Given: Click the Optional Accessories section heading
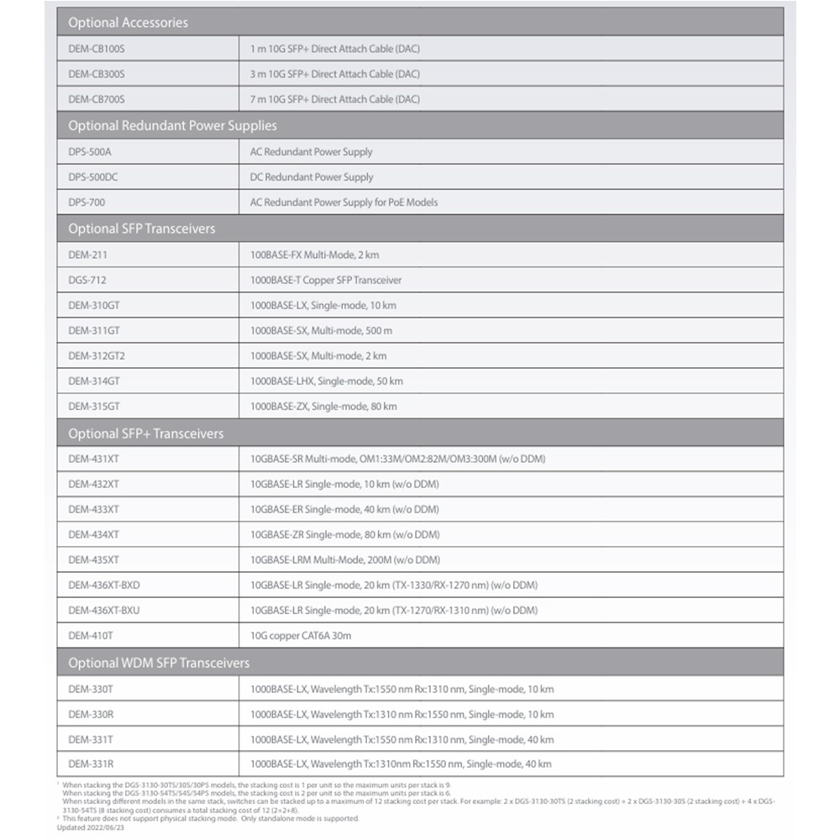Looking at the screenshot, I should (x=128, y=23).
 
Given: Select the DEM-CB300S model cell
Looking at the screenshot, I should (x=97, y=74).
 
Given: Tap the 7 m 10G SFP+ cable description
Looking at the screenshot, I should (x=334, y=99).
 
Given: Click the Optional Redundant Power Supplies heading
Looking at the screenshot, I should (x=172, y=126).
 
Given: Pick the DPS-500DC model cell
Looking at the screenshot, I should (x=92, y=177).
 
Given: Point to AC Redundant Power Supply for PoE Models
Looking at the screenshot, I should (x=344, y=202).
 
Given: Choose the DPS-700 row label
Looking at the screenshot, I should (x=87, y=202).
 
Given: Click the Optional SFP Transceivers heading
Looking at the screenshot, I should (x=141, y=228).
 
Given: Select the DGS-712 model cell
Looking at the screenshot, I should (x=87, y=280).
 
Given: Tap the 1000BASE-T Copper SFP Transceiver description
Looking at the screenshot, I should (x=326, y=280).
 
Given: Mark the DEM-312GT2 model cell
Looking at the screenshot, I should (x=97, y=356).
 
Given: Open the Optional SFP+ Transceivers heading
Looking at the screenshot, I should (x=145, y=433).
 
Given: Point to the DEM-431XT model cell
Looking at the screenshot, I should (x=93, y=459).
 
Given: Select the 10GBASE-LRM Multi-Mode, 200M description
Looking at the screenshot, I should (x=344, y=559).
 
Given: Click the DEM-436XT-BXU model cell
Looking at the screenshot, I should (x=103, y=611).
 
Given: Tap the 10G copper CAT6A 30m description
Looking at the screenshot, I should (x=301, y=636).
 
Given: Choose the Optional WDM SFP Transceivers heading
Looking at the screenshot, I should (x=159, y=663).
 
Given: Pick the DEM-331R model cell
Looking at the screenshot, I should (x=91, y=764).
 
